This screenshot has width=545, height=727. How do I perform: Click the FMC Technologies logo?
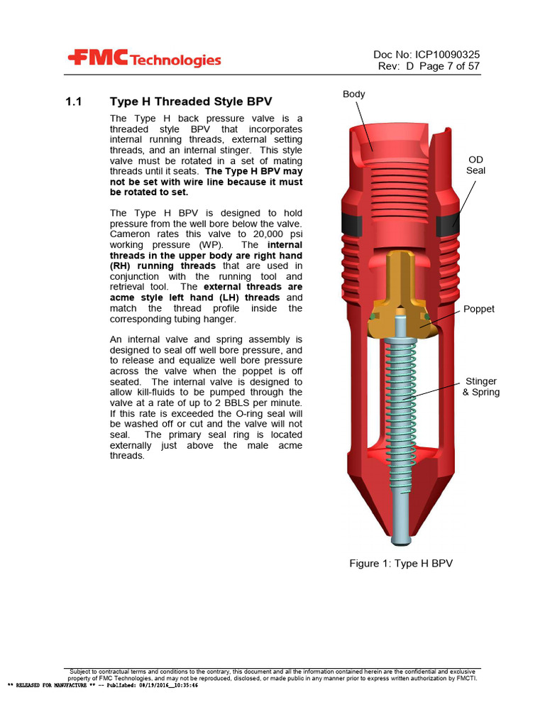[x=144, y=60]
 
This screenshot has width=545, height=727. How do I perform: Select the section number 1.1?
[x=75, y=102]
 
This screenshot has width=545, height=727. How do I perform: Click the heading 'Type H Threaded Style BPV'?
[x=191, y=102]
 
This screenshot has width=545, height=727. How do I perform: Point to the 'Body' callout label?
[x=353, y=94]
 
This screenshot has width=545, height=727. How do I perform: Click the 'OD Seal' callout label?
[x=475, y=165]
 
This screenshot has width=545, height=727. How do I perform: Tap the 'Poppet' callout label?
[x=478, y=309]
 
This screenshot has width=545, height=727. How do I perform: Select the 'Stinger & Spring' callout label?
[x=480, y=387]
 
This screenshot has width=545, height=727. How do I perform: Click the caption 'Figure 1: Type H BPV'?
[x=400, y=563]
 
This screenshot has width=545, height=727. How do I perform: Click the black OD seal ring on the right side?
[x=449, y=225]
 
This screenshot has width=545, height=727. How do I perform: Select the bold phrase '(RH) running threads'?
[x=163, y=266]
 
